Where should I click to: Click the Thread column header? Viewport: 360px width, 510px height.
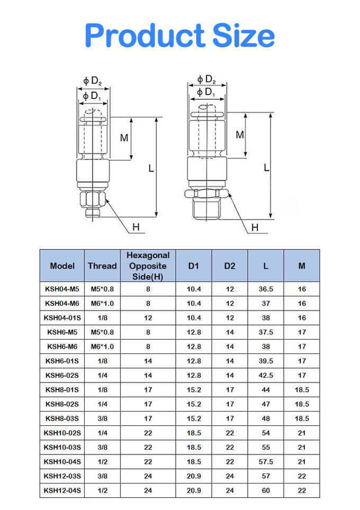point(102,266)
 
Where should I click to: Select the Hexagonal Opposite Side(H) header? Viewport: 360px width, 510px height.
point(148,266)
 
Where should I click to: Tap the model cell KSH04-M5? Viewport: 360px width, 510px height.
point(62,289)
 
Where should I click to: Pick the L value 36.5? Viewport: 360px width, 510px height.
point(266,289)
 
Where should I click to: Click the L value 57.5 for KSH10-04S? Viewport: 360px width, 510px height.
point(266,462)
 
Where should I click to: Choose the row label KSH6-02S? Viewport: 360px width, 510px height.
point(62,375)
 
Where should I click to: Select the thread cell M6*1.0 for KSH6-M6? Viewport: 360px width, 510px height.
point(102,347)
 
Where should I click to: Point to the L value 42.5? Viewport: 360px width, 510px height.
point(266,375)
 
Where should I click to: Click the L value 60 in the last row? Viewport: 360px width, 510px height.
point(266,490)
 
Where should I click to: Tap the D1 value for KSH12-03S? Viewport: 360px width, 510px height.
point(194,476)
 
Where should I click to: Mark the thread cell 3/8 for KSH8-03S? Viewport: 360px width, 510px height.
point(102,418)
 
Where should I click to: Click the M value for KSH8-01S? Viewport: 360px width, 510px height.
point(302,390)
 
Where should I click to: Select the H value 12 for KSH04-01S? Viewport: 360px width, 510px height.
point(148,317)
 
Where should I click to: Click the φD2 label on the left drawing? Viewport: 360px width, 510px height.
point(92,81)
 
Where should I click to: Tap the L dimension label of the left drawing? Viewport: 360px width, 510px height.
point(151,168)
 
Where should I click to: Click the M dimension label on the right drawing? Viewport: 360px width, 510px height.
point(240,135)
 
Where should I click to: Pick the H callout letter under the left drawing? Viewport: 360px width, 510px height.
point(136,227)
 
